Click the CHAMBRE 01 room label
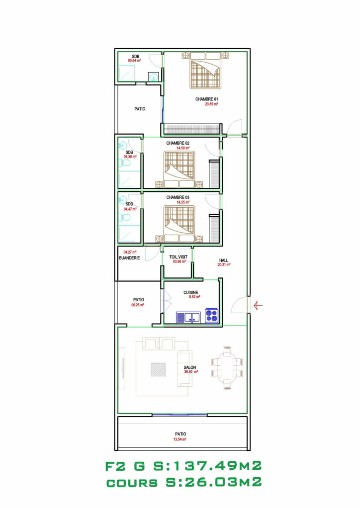tap(207, 99)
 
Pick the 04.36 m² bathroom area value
tap(129, 157)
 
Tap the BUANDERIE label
tap(129, 258)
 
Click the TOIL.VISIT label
tap(178, 256)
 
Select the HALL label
tap(224, 260)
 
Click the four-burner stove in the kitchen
tap(212, 316)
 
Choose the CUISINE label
tap(191, 292)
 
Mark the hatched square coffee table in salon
tap(159, 370)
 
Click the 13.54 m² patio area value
tap(179, 439)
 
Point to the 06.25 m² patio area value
tap(138, 305)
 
